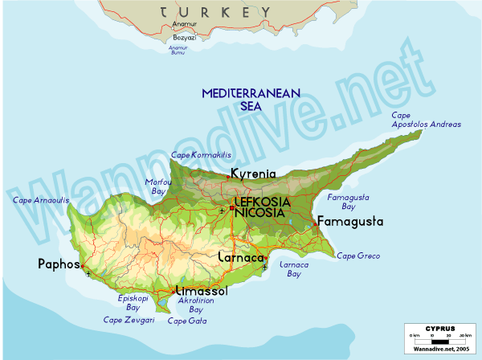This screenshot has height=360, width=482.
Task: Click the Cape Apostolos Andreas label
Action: coord(426,120)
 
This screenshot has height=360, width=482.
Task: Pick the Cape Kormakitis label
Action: coord(201,154)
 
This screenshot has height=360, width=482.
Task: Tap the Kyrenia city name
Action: coord(253,174)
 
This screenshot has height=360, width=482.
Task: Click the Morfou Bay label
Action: coord(157,186)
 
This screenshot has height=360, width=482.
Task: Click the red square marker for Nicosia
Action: coord(232,208)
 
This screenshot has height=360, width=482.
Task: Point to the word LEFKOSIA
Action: coord(260,202)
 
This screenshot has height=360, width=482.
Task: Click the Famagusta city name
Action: coord(350,221)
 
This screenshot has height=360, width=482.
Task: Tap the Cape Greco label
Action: coord(357,256)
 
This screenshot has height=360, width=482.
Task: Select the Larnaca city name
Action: coord(242,257)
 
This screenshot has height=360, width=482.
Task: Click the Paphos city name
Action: coord(59,264)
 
